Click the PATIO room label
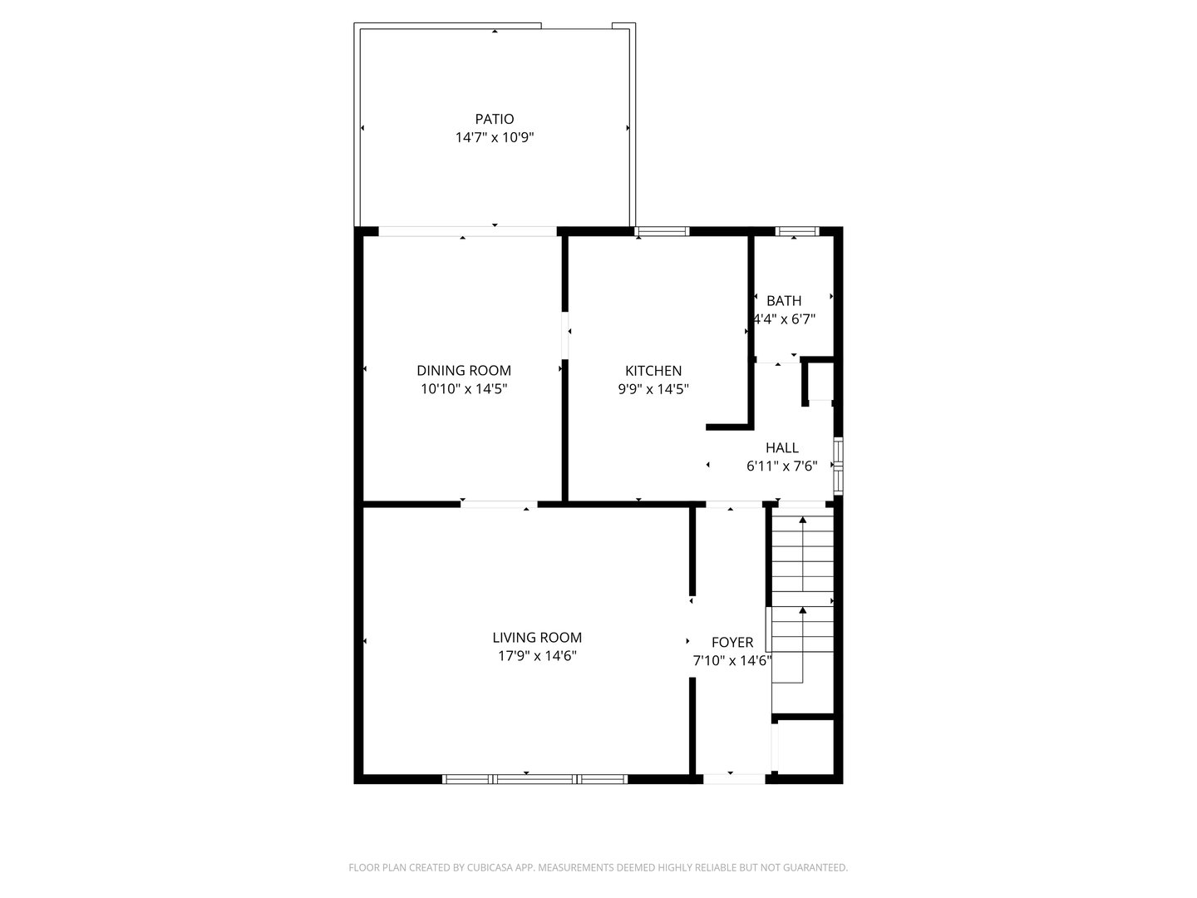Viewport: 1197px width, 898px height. pyautogui.click(x=495, y=119)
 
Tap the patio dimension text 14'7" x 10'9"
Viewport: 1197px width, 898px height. pyautogui.click(x=495, y=137)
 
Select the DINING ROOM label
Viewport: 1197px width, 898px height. pyautogui.click(x=464, y=371)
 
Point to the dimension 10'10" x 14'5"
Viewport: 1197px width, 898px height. pyautogui.click(x=464, y=388)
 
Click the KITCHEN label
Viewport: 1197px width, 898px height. pyautogui.click(x=653, y=371)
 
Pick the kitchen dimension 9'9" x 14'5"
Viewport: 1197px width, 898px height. pyautogui.click(x=653, y=388)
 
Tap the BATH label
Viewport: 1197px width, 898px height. pyautogui.click(x=784, y=301)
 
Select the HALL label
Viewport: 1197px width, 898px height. pyautogui.click(x=782, y=448)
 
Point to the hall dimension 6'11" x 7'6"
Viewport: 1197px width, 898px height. pyautogui.click(x=782, y=466)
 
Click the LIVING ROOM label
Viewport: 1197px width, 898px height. pyautogui.click(x=537, y=638)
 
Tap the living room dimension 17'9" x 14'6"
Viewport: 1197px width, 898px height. pyautogui.click(x=537, y=656)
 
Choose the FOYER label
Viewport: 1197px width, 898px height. pyautogui.click(x=732, y=642)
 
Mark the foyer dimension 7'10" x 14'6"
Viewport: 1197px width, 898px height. pyautogui.click(x=732, y=661)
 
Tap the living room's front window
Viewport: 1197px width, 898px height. pyautogui.click(x=534, y=779)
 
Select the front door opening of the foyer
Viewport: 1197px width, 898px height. pyautogui.click(x=734, y=779)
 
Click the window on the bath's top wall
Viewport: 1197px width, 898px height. pyautogui.click(x=796, y=231)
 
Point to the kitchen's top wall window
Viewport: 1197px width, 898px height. pyautogui.click(x=663, y=231)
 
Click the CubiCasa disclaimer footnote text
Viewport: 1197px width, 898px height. pyautogui.click(x=598, y=867)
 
